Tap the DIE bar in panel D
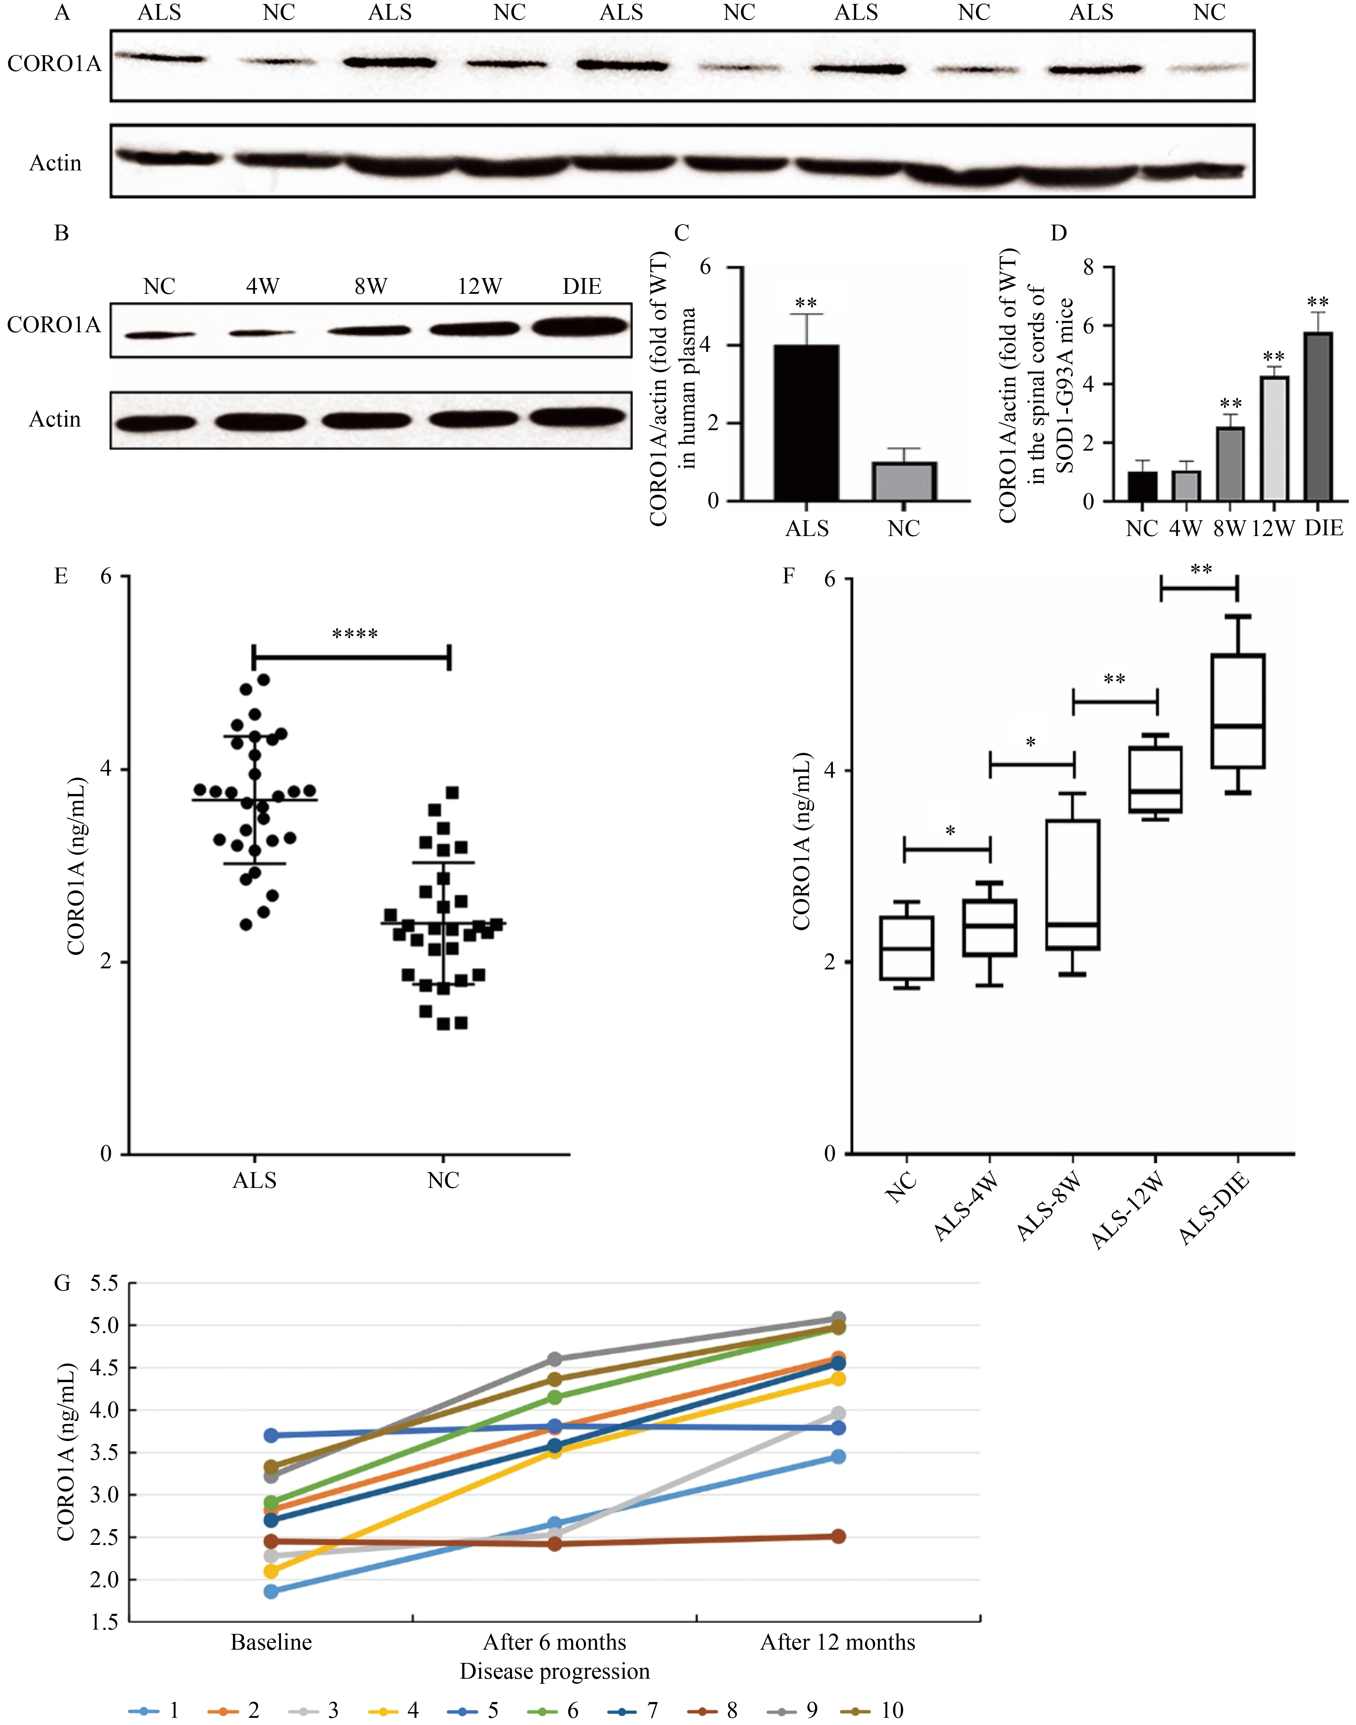click(1317, 417)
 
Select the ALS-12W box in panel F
click(1155, 780)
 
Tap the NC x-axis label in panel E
click(443, 1180)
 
